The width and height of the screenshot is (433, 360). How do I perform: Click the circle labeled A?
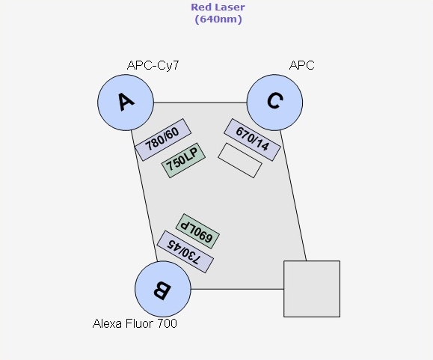[x=126, y=103]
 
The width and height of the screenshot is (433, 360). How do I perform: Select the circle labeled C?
[x=274, y=103]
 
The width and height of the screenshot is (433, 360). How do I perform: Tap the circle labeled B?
[x=163, y=289]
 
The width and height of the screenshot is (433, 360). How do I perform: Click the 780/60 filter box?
[x=163, y=140]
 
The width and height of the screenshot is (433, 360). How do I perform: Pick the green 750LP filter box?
[x=183, y=160]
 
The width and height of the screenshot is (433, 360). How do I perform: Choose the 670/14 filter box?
[x=253, y=140]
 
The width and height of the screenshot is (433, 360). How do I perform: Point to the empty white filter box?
[x=240, y=160]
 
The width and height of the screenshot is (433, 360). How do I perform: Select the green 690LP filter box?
[x=197, y=231]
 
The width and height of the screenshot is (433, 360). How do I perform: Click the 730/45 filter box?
[x=185, y=251]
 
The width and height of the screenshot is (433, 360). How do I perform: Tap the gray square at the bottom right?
[x=312, y=289]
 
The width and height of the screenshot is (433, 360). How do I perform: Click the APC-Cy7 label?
[x=153, y=65]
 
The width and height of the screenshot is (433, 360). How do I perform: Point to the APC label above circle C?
[x=302, y=65]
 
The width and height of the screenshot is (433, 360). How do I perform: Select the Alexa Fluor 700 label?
[x=135, y=323]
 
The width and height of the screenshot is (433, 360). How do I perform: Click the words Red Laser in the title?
[x=218, y=7]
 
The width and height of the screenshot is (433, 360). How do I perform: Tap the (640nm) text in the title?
[x=218, y=19]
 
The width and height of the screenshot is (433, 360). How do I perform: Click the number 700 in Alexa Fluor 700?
[x=168, y=323]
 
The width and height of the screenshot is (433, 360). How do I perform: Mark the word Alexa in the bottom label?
[x=107, y=323]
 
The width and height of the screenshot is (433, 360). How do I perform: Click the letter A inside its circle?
[x=126, y=102]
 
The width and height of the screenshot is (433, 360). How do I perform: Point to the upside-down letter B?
[x=162, y=290]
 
